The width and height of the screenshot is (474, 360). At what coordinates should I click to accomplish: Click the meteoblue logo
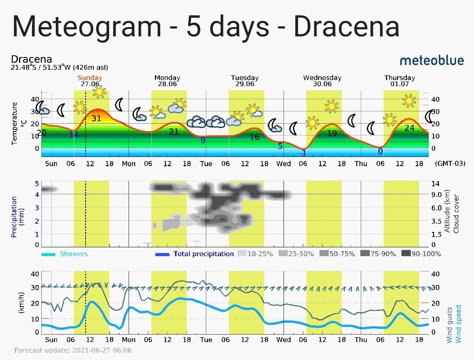pos(432,61)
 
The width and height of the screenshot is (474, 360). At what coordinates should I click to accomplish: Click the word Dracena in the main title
pos(346,26)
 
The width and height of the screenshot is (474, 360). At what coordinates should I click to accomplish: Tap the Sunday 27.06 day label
pos(90,81)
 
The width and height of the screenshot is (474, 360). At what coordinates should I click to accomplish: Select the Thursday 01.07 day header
pos(400,81)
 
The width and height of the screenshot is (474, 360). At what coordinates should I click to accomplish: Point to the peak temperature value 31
pos(96,118)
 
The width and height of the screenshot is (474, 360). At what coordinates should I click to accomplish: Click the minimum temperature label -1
pos(303,153)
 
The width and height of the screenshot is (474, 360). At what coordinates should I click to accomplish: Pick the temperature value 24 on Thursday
pos(409,128)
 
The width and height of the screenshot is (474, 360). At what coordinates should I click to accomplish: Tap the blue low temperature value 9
pos(203,140)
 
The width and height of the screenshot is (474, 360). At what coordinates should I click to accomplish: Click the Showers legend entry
pos(65,254)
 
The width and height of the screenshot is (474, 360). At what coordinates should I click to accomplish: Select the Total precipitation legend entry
pos(194,254)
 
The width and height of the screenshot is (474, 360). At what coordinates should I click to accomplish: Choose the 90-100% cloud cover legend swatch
pos(406,254)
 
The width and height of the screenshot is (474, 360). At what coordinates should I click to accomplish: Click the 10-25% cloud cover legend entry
pos(255,254)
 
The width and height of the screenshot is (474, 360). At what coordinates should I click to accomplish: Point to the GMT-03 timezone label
pos(450,164)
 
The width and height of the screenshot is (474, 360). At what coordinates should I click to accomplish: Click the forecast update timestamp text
pos(73,350)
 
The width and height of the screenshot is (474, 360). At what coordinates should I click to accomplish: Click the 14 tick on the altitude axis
pos(435,184)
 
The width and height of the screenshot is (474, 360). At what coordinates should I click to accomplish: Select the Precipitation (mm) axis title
pos(18,217)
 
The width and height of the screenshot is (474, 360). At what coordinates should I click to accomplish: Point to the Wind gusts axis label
pos(449,324)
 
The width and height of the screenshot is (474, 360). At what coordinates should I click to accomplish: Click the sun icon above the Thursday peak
pos(409,100)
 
